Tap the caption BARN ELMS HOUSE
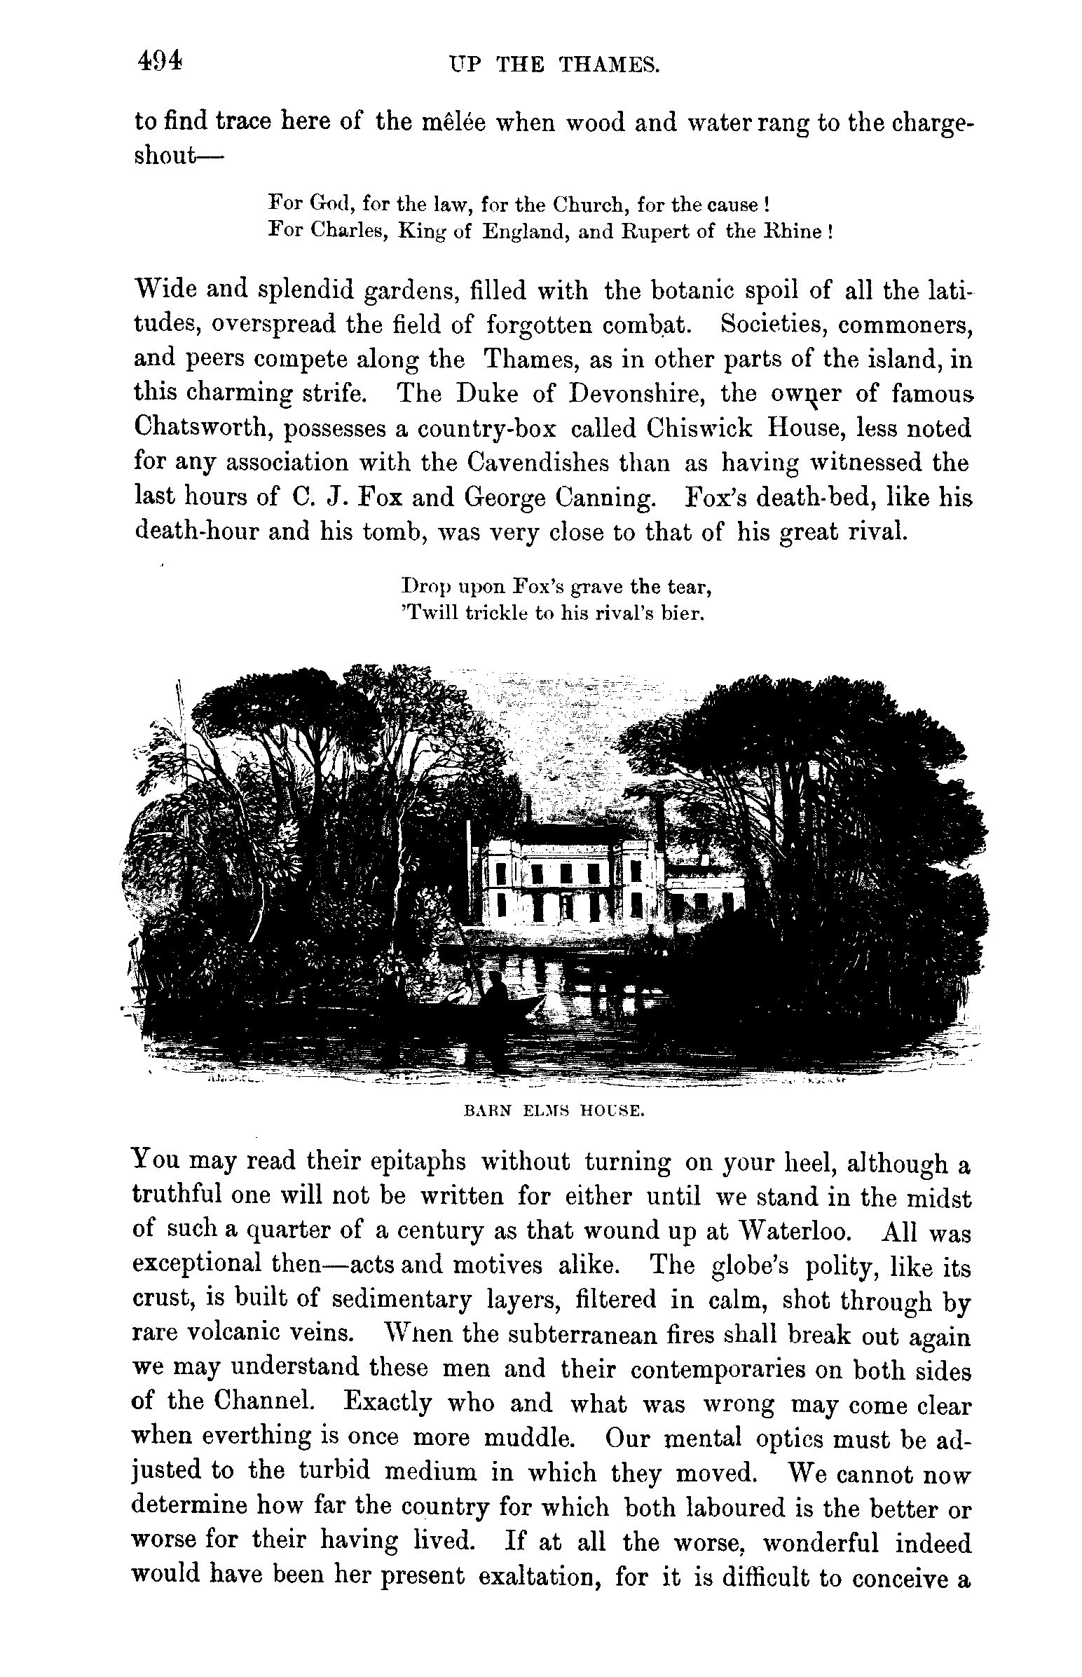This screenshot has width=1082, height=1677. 554,1112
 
